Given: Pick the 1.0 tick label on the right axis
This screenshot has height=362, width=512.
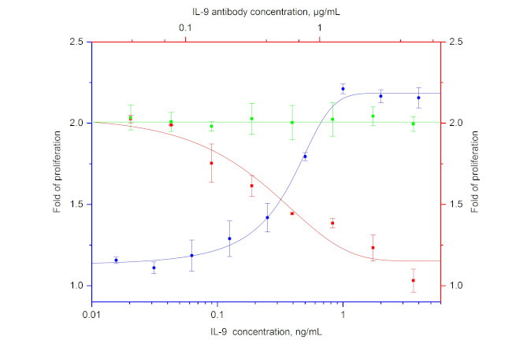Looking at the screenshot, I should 455,286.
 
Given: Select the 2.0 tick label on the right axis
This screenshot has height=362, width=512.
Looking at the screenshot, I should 455,124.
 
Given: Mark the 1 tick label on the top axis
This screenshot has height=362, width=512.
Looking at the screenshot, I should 320,28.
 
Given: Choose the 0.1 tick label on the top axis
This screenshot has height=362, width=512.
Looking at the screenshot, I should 186,28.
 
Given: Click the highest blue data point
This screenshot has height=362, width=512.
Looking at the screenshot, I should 343,89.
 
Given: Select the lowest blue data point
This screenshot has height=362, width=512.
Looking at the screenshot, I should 154,268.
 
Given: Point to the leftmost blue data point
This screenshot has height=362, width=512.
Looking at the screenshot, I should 116,260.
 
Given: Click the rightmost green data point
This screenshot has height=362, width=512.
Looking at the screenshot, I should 413,124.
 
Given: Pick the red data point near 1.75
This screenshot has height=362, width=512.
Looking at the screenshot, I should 211,164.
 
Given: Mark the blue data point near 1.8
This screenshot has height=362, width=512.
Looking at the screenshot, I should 305,157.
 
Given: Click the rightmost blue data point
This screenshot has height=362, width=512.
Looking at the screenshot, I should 418,98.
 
